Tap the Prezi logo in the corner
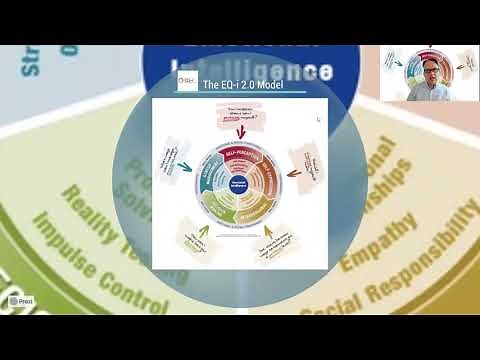(x=20, y=300)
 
